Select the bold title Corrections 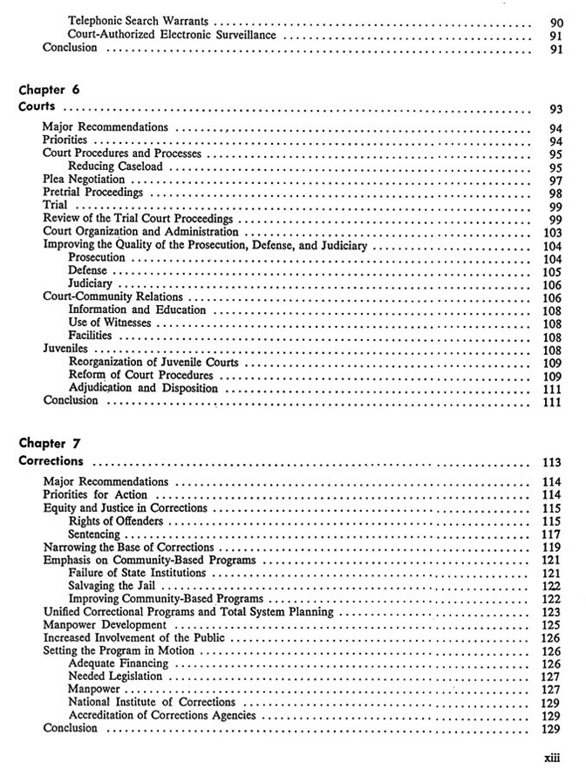(x=52, y=460)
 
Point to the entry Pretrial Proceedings (x=92, y=192)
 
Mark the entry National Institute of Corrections (x=152, y=702)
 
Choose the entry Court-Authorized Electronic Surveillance (x=172, y=35)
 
